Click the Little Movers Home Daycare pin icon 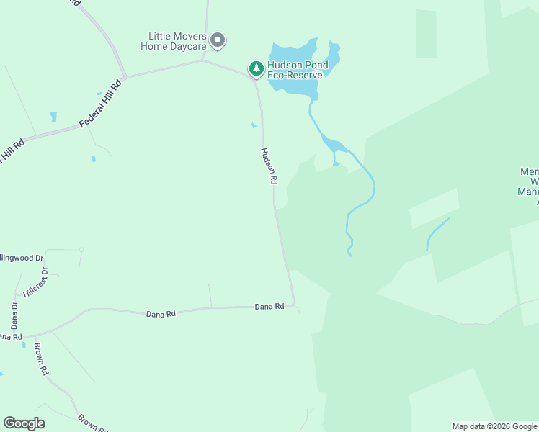click(x=218, y=40)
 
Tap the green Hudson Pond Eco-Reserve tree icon click(x=256, y=68)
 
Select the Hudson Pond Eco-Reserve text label click(x=298, y=70)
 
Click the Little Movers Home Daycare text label click(x=177, y=41)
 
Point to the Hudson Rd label click(x=268, y=166)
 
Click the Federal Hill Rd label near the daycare click(x=102, y=104)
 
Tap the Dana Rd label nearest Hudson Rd click(x=269, y=307)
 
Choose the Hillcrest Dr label click(x=35, y=282)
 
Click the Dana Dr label click(x=14, y=315)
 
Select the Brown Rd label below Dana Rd click(x=41, y=359)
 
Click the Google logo click(x=24, y=423)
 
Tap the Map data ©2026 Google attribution click(x=494, y=426)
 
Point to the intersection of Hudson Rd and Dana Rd click(x=294, y=305)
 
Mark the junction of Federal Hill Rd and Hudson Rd click(x=204, y=61)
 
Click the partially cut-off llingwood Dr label click(x=22, y=257)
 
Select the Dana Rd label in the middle click(x=161, y=314)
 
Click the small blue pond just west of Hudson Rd click(x=253, y=125)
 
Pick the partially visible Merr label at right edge click(x=529, y=173)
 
